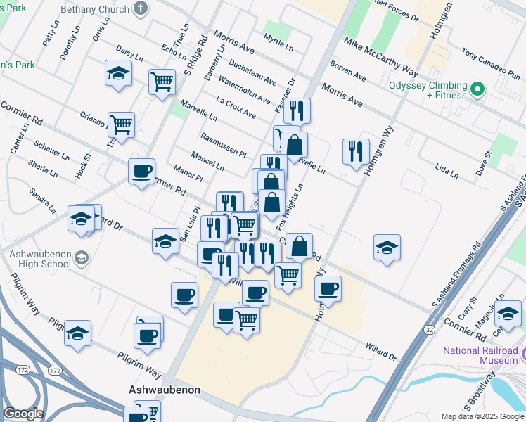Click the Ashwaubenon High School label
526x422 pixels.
tap(40, 259)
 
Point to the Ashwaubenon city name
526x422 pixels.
tap(165, 390)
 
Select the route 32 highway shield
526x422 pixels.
tap(429, 328)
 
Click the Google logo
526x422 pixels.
tap(23, 414)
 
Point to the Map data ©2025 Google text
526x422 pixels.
tap(482, 416)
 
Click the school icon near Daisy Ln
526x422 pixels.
tap(118, 72)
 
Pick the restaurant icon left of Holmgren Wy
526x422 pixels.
tap(356, 151)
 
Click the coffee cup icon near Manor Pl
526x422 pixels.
tap(142, 172)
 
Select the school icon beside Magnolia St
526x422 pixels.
tap(508, 314)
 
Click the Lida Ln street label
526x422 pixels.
tap(446, 171)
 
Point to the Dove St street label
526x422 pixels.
tap(483, 163)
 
